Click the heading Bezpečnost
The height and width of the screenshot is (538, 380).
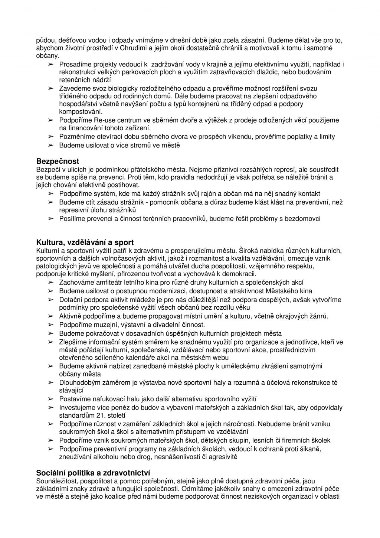coord(58,162)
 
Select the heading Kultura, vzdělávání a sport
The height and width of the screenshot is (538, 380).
coord(85,243)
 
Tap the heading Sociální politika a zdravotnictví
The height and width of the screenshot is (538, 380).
coord(93,473)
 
